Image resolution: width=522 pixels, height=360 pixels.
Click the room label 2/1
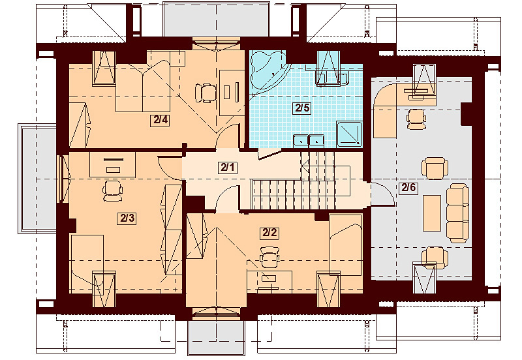pos(228,168)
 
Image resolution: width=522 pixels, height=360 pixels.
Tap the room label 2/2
pos(270,233)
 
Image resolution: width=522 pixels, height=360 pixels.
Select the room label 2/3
pos(127,218)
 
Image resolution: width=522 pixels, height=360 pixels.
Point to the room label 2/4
pos(161,120)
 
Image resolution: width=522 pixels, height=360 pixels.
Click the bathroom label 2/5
pos(303,108)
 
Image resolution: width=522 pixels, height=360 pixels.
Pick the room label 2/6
pos(408,188)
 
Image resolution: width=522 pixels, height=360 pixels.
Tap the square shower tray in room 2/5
pos(349,134)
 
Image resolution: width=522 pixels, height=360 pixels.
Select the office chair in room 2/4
pos(204,93)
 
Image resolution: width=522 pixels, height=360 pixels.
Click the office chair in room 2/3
pos(112,190)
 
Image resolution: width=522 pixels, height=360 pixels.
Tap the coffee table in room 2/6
pos(432,213)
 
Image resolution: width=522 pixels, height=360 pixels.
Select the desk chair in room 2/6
pos(416,119)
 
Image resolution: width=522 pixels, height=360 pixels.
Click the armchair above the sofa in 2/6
pos(433,168)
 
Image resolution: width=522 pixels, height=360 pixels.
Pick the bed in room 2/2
pos(346,245)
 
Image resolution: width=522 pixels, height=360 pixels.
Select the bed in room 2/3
pos(87,263)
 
